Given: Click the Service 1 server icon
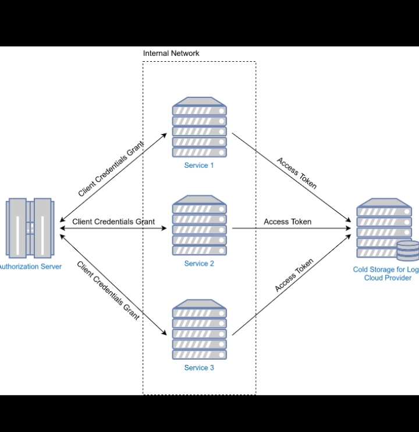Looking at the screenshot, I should [199, 128].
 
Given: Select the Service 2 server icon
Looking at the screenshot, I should [199, 226].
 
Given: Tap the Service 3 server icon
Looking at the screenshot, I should [199, 330].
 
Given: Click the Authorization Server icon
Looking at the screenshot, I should [30, 228].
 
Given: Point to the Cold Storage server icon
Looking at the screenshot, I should [384, 229].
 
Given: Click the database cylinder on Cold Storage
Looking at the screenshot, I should [407, 251].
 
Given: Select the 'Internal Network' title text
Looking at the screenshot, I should [171, 53].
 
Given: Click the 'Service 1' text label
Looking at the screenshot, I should [199, 166].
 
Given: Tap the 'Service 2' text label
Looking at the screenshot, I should [199, 264].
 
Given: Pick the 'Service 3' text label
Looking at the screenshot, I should [199, 368].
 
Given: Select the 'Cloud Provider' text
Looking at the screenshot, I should [388, 278].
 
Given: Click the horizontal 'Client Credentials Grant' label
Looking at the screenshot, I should [113, 222].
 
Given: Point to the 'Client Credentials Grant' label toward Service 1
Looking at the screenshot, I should [111, 169].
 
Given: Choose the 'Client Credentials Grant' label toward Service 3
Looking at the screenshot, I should [108, 290].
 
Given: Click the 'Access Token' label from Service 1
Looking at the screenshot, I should [297, 173].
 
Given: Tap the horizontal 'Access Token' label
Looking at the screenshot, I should [287, 222].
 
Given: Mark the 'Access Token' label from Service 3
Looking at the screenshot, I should [294, 275].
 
